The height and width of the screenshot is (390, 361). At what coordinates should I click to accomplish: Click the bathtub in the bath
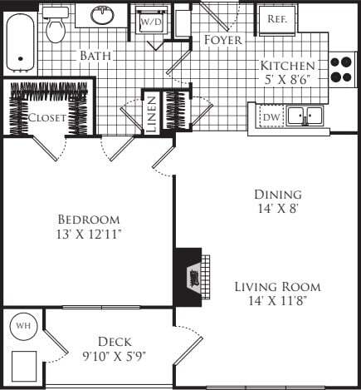pos(20,41)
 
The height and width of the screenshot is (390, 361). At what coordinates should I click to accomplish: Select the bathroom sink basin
pos(103,16)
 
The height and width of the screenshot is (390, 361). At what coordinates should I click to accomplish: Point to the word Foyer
pos(222,40)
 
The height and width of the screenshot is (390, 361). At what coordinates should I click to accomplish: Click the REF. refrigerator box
pos(276,18)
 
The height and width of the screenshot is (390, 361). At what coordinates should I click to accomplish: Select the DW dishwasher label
pos(271,118)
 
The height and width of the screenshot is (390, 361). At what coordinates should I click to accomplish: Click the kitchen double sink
pos(305,117)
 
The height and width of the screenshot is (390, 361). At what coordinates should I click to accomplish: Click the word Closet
pos(46,118)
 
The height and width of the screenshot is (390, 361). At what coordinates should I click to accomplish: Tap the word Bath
pos(96,56)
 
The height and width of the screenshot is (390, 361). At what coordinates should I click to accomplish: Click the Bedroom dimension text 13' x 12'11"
pos(87,234)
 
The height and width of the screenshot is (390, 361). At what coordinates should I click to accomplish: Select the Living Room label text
pos(276,287)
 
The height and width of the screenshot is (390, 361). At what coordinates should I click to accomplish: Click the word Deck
pos(115,341)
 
